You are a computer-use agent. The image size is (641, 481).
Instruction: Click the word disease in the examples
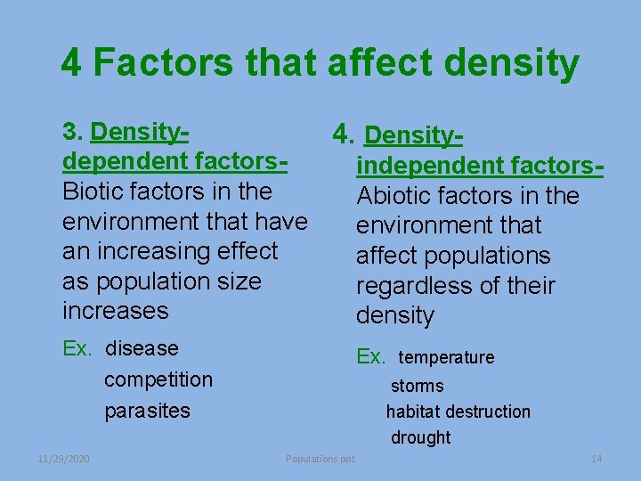tap(142, 348)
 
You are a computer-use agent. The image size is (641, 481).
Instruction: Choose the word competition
tap(158, 379)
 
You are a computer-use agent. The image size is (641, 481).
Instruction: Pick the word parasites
tap(147, 411)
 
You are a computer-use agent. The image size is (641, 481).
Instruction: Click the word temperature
tap(446, 357)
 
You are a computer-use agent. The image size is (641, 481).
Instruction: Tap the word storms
tap(417, 386)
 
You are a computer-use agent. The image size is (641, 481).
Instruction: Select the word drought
tap(420, 437)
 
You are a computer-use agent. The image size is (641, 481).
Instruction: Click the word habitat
tap(413, 412)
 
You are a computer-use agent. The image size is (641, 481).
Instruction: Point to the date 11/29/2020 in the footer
tap(64, 459)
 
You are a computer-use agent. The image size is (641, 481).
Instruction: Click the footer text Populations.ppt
tap(320, 459)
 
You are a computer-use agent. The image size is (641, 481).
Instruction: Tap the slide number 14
tap(596, 459)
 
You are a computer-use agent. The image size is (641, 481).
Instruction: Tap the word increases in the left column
tap(116, 311)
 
